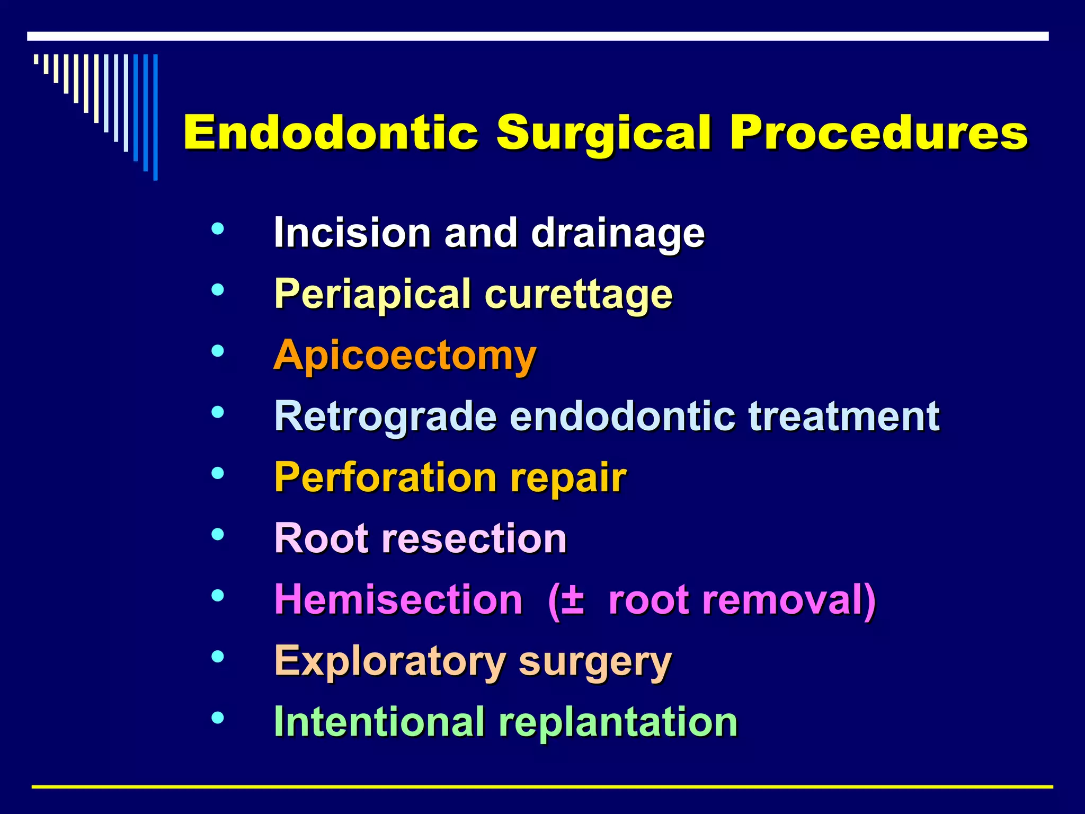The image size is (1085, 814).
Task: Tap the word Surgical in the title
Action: tap(604, 134)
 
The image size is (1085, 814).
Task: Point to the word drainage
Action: tap(618, 233)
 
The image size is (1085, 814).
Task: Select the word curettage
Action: tap(578, 295)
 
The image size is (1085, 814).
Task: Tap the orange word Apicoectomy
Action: tap(405, 355)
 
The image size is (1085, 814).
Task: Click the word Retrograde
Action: tap(386, 416)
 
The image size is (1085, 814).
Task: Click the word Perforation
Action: tap(385, 477)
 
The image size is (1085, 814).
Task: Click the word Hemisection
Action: tap(398, 599)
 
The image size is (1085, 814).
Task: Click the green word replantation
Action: tap(618, 722)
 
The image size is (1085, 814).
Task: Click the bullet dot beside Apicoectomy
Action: tap(217, 351)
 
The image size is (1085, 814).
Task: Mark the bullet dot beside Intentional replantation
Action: tap(217, 718)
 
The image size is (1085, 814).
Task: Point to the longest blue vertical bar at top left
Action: tap(155, 117)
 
